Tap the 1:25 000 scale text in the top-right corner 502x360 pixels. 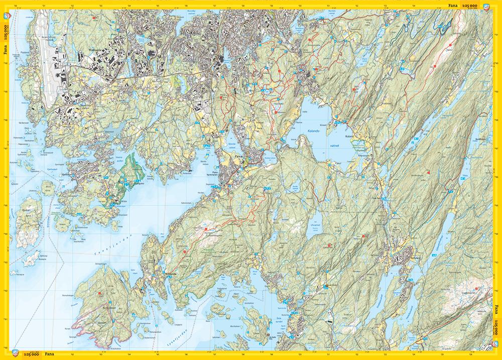click(x=473, y=6)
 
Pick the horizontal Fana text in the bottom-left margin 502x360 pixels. click(x=49, y=354)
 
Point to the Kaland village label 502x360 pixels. click(x=349, y=136)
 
